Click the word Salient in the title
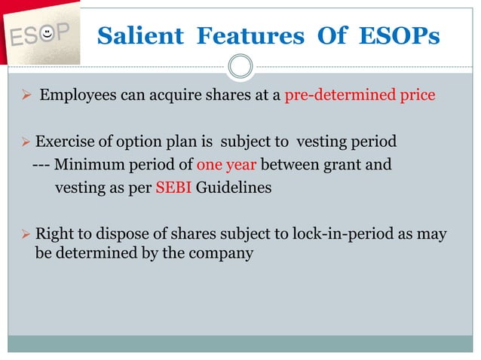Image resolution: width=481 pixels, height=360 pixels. (x=140, y=35)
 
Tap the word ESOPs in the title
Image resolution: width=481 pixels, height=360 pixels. (x=400, y=35)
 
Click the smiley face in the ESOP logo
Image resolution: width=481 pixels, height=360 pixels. (x=47, y=33)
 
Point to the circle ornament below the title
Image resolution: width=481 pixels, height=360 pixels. (x=240, y=66)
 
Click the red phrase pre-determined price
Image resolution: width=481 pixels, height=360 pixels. (x=360, y=96)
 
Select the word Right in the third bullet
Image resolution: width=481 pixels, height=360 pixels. (x=54, y=233)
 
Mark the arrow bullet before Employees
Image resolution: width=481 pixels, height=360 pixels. (x=25, y=96)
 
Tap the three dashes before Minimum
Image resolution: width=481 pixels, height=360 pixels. (x=41, y=164)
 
